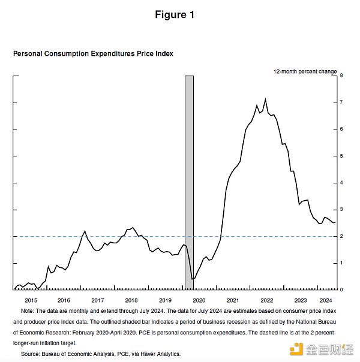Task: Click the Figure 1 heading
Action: click(x=175, y=15)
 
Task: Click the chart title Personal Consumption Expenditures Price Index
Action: click(x=93, y=54)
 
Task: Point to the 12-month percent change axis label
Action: click(x=305, y=71)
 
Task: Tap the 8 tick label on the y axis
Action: click(x=341, y=76)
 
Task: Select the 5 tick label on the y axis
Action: click(x=341, y=156)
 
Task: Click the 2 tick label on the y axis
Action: click(x=341, y=236)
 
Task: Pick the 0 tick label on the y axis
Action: click(x=341, y=290)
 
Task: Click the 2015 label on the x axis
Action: click(x=31, y=300)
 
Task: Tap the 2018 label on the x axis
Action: click(x=131, y=300)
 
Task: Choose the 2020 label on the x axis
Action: click(x=199, y=300)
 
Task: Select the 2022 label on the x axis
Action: click(x=266, y=300)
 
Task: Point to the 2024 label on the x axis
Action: click(x=326, y=300)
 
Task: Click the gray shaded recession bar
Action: click(x=189, y=180)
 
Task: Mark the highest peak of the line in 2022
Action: click(x=265, y=99)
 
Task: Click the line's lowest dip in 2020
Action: click(x=192, y=279)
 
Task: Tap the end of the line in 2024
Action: click(x=335, y=222)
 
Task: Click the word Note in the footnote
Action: click(x=27, y=312)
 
